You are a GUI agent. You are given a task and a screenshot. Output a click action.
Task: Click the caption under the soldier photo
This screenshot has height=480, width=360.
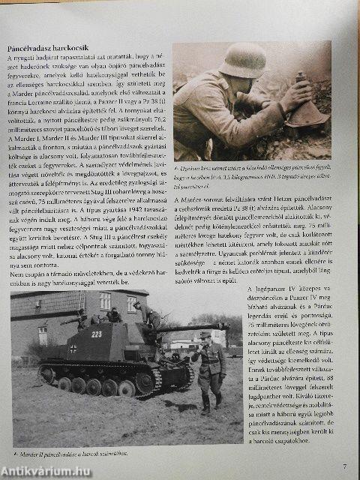click(251, 176)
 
